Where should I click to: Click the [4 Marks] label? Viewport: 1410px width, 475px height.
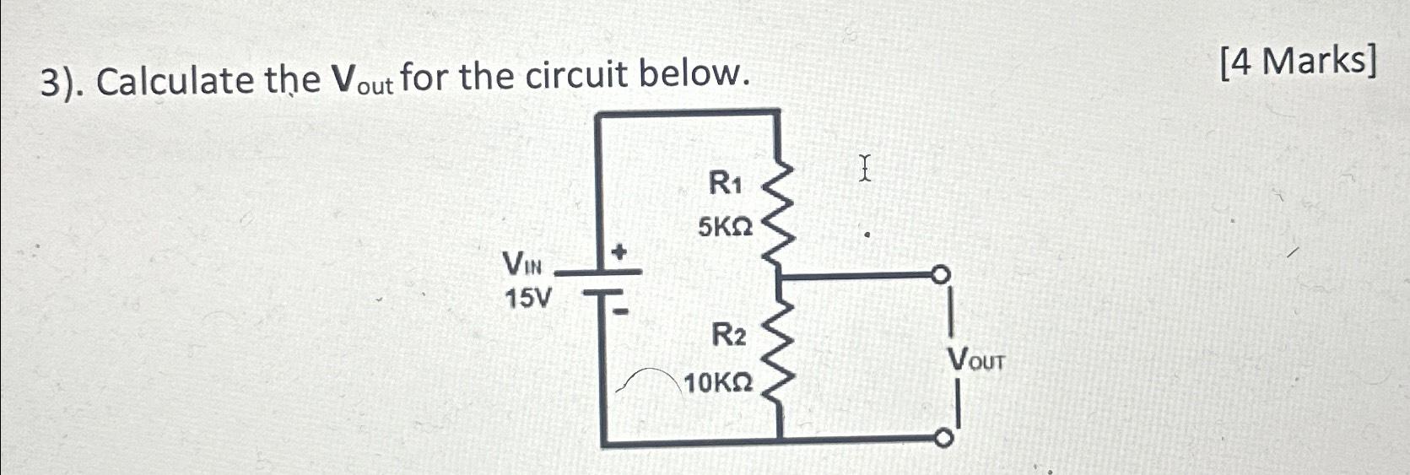[1298, 61]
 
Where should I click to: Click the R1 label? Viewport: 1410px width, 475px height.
[724, 182]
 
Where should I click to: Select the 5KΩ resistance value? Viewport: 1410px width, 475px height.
[725, 227]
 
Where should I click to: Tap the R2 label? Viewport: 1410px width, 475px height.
[727, 336]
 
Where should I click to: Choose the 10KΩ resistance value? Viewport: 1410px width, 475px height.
[718, 384]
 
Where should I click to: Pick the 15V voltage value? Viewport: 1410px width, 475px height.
[528, 298]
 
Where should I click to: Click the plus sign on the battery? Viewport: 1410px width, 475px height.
[620, 251]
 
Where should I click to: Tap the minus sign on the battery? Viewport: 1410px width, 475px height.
[620, 311]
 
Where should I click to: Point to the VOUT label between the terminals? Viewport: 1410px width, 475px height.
[976, 360]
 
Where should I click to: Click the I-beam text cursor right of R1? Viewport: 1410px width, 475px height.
[864, 168]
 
